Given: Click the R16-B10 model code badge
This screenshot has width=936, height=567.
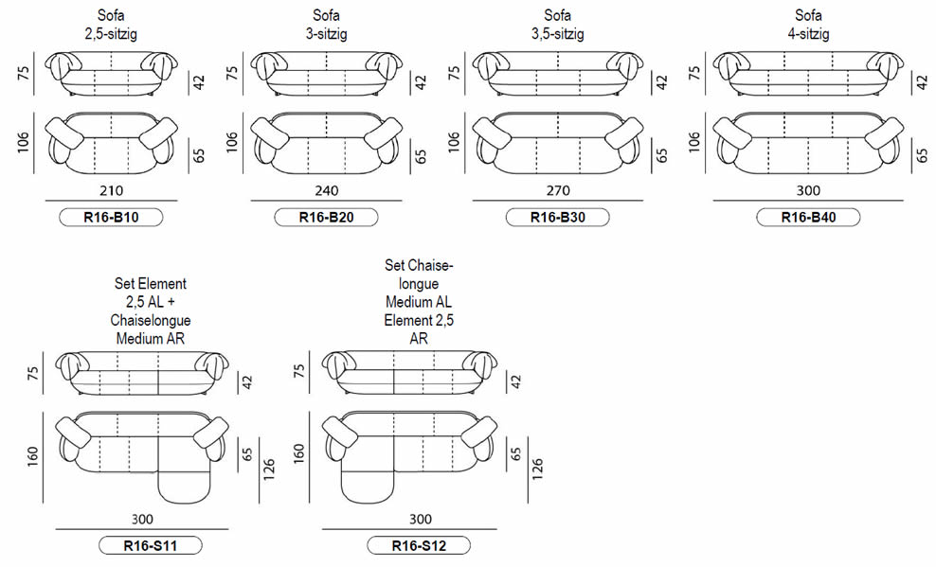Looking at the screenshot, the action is tap(111, 217).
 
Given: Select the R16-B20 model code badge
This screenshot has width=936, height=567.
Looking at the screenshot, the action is tap(326, 217).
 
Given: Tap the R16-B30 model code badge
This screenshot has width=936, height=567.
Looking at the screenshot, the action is tap(558, 217).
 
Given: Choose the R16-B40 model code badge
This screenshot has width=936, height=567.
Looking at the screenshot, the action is tap(808, 217).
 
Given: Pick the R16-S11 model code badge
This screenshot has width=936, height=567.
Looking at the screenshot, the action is tap(151, 545).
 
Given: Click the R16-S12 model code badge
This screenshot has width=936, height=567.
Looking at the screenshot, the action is tap(419, 545).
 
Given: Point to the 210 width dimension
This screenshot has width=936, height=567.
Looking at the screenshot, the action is tap(112, 191).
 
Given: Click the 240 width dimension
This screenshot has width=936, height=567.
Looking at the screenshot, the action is tap(327, 191).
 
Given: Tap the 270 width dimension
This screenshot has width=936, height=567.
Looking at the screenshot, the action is tap(558, 191).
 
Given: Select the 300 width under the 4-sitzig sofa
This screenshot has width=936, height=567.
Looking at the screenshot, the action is tap(808, 191).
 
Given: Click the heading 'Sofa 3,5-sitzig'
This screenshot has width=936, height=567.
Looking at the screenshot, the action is tap(558, 25).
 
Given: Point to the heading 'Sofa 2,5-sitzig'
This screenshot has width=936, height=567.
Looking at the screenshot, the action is tap(111, 25).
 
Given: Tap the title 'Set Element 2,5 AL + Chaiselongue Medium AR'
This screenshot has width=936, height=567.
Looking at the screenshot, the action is tap(151, 310).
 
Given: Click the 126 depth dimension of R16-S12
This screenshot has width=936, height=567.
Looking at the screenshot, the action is tap(537, 470).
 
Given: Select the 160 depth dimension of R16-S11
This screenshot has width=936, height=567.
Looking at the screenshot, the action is tap(33, 456).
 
